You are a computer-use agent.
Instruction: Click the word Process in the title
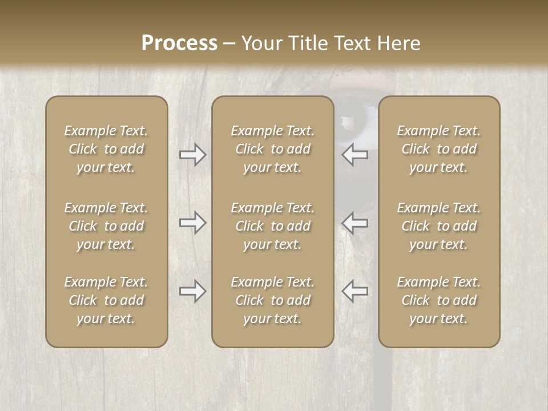click(179, 43)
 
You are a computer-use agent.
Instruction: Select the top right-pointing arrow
click(192, 154)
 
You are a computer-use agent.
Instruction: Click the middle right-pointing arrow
click(192, 223)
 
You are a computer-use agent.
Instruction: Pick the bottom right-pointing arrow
click(192, 291)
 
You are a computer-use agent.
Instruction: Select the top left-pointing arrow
click(355, 154)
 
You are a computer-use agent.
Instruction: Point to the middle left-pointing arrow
click(355, 223)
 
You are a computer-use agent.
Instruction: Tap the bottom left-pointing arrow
click(355, 291)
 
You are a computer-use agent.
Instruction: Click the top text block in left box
click(106, 149)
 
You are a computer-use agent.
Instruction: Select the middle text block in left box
click(106, 226)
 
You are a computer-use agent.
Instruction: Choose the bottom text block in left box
click(106, 300)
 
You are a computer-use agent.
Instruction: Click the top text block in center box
click(272, 149)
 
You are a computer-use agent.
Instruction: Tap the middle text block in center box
click(272, 226)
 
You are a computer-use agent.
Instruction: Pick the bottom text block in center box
click(272, 300)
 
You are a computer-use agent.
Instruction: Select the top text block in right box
click(438, 149)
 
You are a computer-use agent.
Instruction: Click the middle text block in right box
click(438, 226)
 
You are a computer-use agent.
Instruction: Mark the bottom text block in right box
click(438, 300)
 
